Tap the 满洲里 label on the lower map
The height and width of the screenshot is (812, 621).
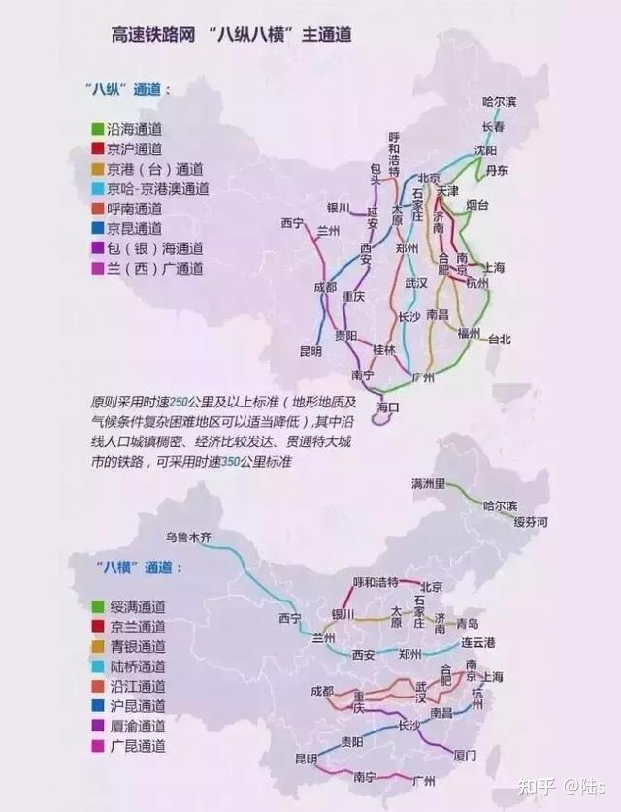pos(428,483)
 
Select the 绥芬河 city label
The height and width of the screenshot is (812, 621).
pos(531,522)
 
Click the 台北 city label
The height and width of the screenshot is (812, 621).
pos(498,340)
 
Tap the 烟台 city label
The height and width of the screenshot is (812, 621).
pos(476,205)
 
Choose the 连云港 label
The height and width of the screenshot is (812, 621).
pos(478,643)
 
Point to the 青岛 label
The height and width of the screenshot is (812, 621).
pos(468,623)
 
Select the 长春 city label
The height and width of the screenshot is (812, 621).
pos(493,127)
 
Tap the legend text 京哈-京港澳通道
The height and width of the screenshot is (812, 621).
pos(157,189)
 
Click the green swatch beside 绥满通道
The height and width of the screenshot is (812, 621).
pos(98,606)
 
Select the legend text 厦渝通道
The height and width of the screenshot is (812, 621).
pos(138,726)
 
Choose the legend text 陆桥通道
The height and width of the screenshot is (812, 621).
pos(138,666)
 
